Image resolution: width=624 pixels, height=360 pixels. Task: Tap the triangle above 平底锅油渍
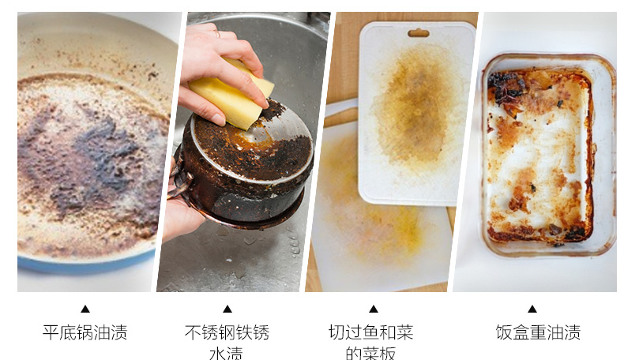(85, 309)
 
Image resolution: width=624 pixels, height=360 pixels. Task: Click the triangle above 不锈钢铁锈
(227, 309)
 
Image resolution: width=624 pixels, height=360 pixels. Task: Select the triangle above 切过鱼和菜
(374, 309)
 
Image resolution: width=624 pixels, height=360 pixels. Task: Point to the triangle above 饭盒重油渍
(532, 309)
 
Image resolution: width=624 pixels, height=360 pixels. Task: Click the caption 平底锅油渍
(85, 332)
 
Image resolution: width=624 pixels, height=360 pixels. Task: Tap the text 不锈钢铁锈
(227, 332)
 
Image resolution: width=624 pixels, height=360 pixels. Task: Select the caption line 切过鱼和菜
(371, 332)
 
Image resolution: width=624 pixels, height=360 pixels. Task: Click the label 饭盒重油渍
(538, 332)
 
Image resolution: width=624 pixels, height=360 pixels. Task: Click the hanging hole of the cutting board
(419, 33)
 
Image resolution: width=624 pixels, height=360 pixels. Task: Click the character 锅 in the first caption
(85, 332)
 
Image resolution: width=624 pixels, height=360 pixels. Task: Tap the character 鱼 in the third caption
(371, 332)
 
